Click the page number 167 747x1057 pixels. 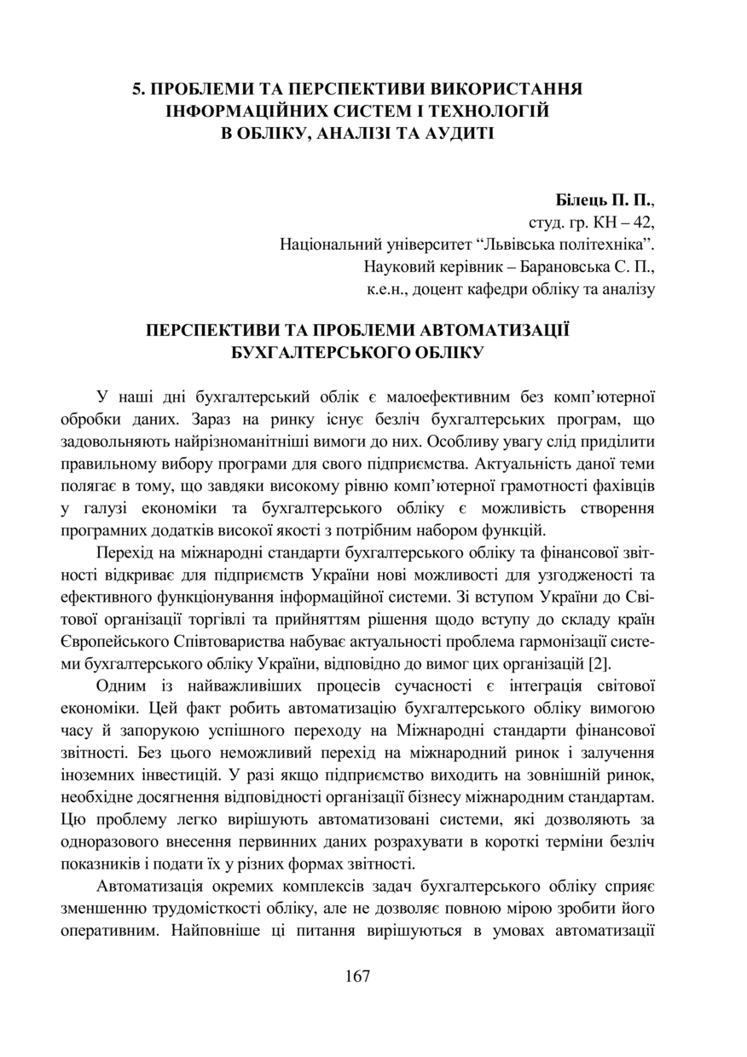click(358, 977)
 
